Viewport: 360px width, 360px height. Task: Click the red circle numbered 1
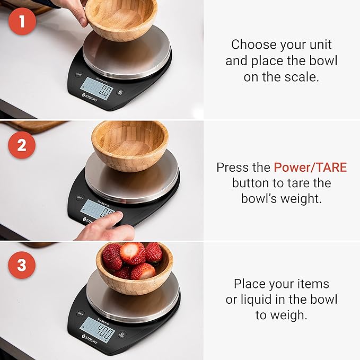point(22,22)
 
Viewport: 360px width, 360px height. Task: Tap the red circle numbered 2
point(22,145)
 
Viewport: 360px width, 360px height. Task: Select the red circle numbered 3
point(22,265)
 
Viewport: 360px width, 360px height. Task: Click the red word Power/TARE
point(310,168)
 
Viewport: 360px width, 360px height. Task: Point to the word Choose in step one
point(250,44)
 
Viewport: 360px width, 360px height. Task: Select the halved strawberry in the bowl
point(132,253)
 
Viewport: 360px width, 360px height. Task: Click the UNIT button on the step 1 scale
point(80,74)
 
